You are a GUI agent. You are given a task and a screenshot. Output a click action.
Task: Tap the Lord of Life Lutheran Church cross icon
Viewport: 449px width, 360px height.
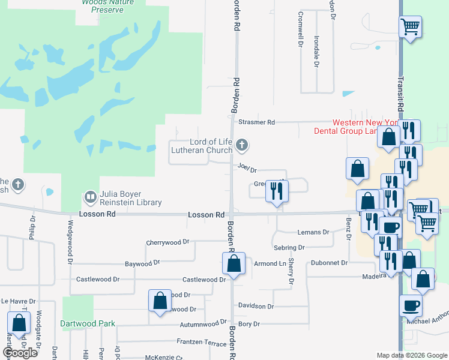242,145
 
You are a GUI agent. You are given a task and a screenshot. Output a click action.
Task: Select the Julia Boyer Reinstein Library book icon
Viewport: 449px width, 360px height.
90,196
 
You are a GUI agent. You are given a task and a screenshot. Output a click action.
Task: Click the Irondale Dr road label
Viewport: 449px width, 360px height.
316,51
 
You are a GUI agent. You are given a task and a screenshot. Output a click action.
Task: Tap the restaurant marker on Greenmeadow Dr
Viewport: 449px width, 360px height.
277,191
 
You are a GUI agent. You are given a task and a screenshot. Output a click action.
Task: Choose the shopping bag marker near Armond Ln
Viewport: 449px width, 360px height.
234,263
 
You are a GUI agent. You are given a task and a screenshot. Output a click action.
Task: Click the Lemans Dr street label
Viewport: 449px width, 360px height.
313,232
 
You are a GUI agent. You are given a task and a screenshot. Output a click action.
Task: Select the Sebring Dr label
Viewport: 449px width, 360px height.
289,247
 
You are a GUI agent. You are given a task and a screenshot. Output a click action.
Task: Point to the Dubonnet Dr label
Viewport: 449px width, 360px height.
329,263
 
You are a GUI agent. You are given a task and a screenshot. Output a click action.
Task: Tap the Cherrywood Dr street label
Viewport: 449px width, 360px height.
167,242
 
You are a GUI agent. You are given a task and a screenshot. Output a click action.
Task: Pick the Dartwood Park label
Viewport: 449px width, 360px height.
88,323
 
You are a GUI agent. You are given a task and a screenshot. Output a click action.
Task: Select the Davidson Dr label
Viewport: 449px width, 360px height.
256,306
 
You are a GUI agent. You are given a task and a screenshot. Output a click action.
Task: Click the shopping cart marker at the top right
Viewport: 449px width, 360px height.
410,26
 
